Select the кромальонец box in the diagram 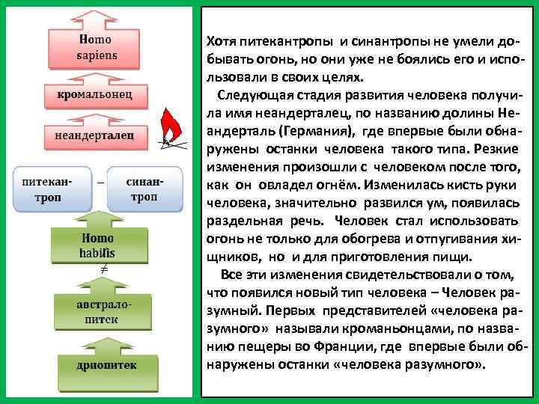pos(95,96)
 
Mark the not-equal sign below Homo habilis pos(105,268)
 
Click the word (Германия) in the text pos(311,131)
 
